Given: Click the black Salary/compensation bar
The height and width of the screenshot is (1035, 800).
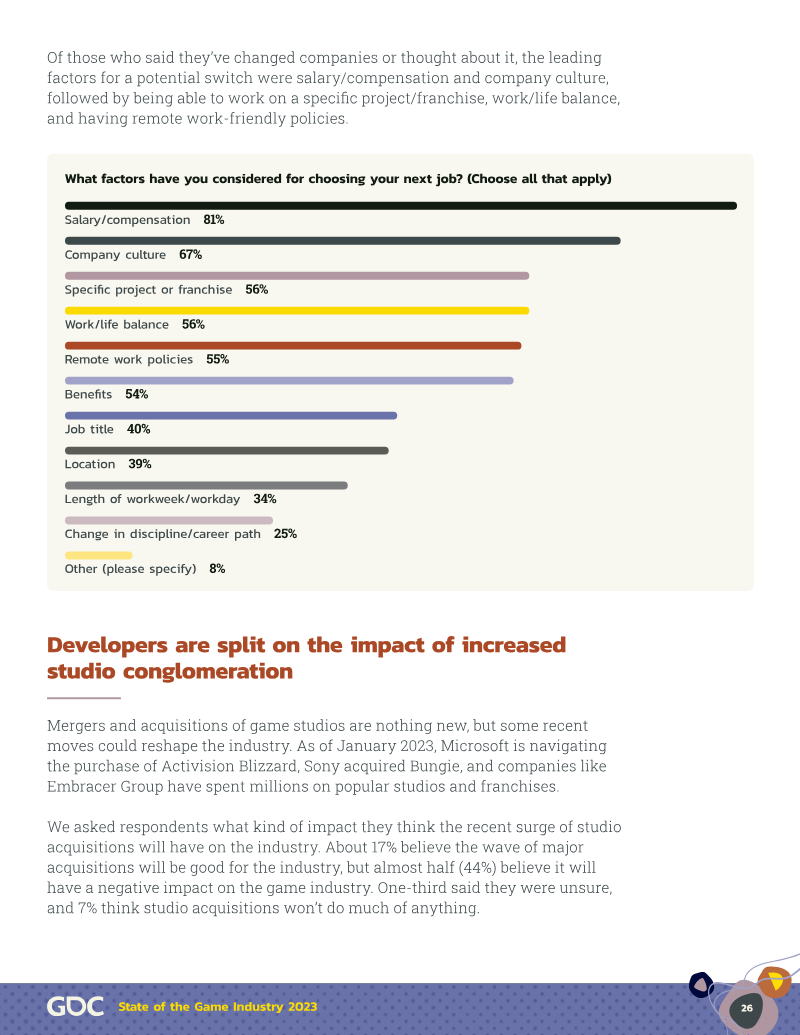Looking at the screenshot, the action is [x=401, y=206].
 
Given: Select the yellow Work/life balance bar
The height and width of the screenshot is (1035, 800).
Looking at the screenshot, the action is [x=297, y=311].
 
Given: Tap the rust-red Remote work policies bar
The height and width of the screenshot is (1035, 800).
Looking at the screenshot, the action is [x=293, y=346].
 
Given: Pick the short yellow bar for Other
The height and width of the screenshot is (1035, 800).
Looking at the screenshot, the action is [x=98, y=556].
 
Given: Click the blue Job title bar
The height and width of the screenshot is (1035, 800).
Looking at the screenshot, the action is [x=231, y=416].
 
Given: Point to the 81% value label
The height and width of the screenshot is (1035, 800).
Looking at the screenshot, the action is [x=214, y=220].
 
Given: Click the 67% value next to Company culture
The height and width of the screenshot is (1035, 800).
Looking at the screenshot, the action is [x=191, y=255].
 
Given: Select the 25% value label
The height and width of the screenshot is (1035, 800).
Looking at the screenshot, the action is [x=285, y=534].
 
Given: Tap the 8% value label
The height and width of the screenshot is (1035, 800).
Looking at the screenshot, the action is [x=217, y=569].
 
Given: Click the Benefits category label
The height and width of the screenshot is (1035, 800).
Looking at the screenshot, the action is [x=88, y=394].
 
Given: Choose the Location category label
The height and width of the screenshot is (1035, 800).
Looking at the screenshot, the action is [x=90, y=464].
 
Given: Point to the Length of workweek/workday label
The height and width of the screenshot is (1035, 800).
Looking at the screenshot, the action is [x=152, y=499].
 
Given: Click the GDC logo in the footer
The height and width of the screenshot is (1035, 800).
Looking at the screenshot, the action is [x=75, y=1007].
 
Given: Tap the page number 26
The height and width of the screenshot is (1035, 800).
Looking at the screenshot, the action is [x=747, y=1008].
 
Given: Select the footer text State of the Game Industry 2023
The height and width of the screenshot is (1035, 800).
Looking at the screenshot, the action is [x=218, y=1007].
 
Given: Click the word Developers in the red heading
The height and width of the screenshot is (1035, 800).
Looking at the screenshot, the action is [x=108, y=645].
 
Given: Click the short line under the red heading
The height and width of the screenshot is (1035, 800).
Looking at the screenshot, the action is [x=84, y=698].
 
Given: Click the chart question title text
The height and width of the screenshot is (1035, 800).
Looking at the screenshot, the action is [x=338, y=179].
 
